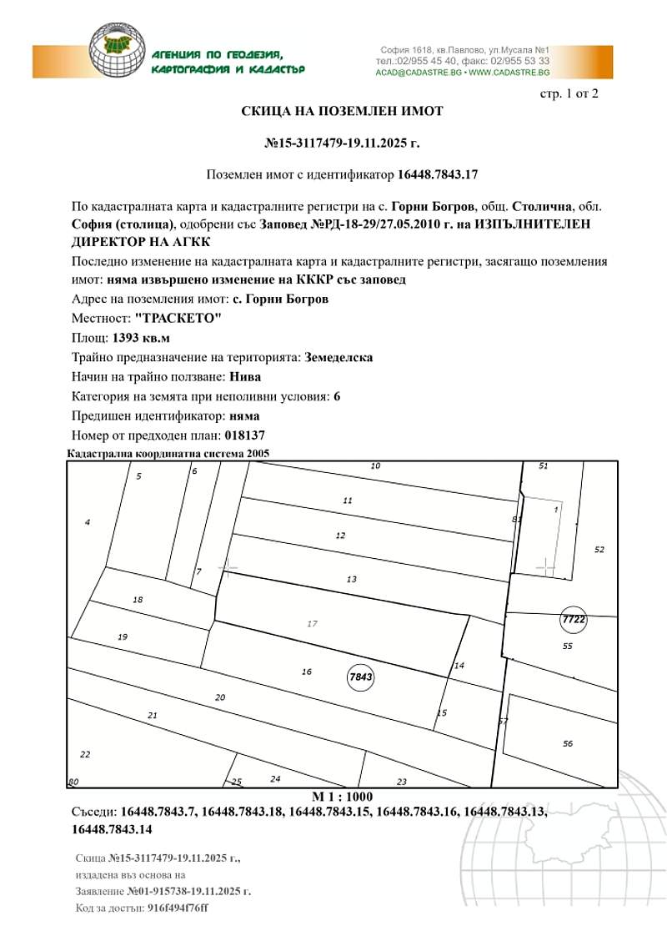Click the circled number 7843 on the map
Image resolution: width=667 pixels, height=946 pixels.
pyautogui.click(x=360, y=677)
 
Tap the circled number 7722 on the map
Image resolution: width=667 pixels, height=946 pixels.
pyautogui.click(x=574, y=620)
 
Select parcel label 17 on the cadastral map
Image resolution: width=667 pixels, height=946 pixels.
pyautogui.click(x=313, y=623)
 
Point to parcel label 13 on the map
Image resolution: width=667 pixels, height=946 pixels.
pyautogui.click(x=351, y=579)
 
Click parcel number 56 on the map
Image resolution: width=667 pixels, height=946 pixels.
pyautogui.click(x=568, y=743)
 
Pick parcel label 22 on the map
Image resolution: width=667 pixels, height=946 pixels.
pyautogui.click(x=84, y=754)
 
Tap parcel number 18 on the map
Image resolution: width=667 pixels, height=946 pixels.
pyautogui.click(x=138, y=600)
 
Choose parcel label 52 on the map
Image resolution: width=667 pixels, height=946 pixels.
pyautogui.click(x=599, y=550)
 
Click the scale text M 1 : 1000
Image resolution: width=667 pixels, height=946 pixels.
pyautogui.click(x=342, y=797)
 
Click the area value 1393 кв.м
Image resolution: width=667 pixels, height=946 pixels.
pyautogui.click(x=141, y=339)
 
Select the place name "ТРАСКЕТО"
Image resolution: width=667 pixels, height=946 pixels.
pyautogui.click(x=176, y=320)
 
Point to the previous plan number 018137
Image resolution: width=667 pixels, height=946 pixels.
pyautogui.click(x=245, y=435)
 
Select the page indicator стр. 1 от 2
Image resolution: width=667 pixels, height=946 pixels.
pyautogui.click(x=569, y=93)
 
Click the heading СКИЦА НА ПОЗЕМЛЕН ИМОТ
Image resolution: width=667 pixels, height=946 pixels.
pyautogui.click(x=342, y=111)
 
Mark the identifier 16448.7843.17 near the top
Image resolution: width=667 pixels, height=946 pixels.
pyautogui.click(x=438, y=174)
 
